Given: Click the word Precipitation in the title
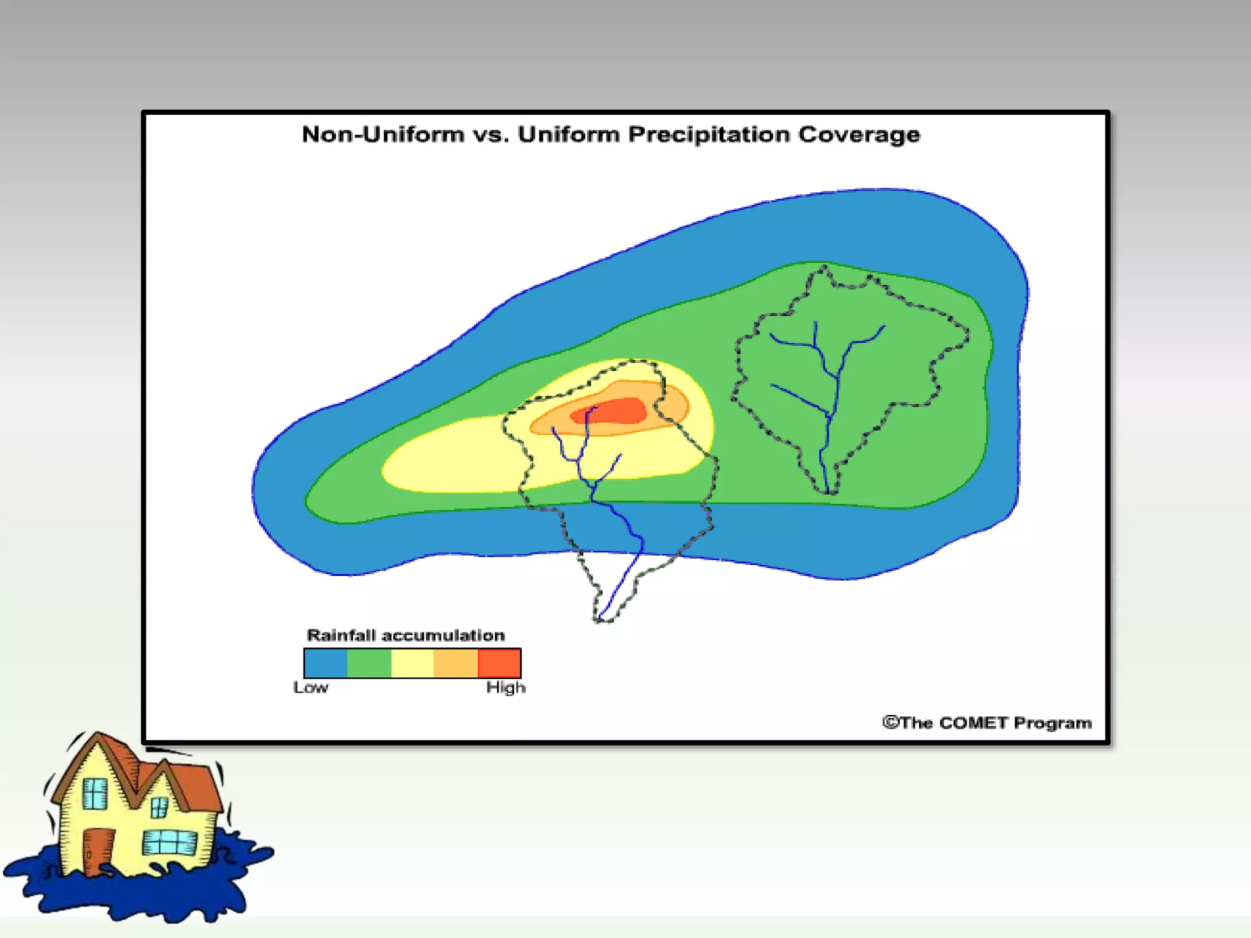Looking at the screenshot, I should point(709,134).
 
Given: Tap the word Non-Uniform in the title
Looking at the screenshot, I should point(383,134).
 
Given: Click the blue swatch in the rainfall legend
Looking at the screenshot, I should point(326,663).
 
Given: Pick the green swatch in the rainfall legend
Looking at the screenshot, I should point(369,663).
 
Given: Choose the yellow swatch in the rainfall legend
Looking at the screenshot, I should point(412,663).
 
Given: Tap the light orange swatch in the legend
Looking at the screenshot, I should point(456,663).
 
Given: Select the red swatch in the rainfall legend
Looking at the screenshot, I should point(499,663).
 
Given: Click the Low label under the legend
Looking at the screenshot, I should point(311,688).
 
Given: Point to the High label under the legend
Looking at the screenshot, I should point(506,688).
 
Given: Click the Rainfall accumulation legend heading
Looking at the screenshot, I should point(406,636).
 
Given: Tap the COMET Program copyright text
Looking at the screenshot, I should point(987,723).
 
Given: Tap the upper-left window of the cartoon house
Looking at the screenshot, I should point(95,794).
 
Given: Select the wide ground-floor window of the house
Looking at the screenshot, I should point(169,843).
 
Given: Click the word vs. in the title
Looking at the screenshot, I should point(491,134).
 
